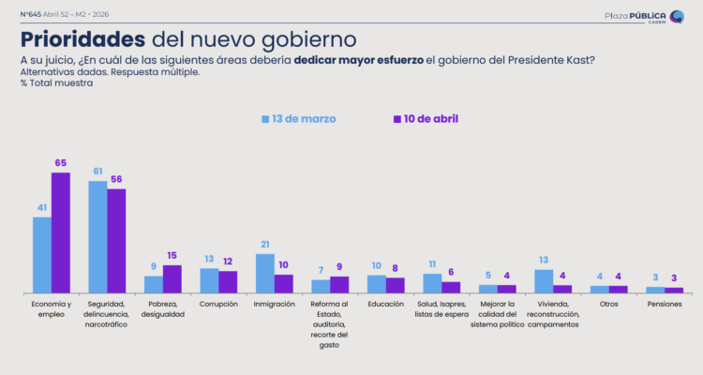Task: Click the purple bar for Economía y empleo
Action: tap(60, 233)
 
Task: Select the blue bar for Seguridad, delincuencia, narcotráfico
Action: tap(97, 237)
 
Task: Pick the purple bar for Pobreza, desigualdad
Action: tap(172, 279)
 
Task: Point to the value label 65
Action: tap(61, 163)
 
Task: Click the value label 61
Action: tap(97, 172)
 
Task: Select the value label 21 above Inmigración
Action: tap(264, 245)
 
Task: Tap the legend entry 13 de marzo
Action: tap(298, 119)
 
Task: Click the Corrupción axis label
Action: tap(218, 305)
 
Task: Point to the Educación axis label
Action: tap(385, 305)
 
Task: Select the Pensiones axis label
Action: tap(664, 305)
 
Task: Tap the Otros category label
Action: tap(608, 305)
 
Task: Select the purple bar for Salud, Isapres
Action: tap(451, 288)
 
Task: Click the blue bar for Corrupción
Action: tap(209, 281)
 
